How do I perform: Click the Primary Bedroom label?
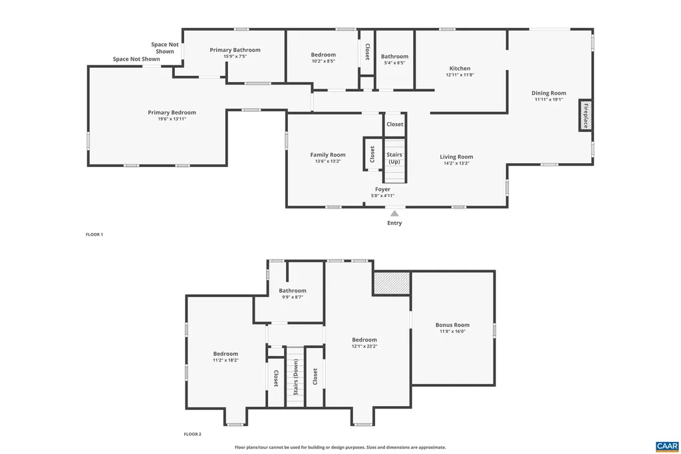(x=172, y=113)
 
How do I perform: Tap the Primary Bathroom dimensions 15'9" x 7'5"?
(x=235, y=57)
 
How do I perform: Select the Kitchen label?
(x=460, y=69)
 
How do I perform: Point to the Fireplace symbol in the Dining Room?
(x=585, y=116)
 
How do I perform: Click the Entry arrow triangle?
(x=394, y=214)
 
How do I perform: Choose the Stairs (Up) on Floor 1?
(x=394, y=162)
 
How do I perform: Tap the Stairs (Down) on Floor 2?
(x=295, y=377)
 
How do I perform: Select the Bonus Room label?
(x=452, y=325)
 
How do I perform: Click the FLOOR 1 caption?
(x=94, y=234)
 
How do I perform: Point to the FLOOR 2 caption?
(x=193, y=434)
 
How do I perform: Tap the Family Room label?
(x=328, y=155)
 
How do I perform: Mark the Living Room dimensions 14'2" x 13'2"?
(x=456, y=163)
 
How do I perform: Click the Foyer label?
(x=382, y=189)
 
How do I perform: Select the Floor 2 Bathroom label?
(x=293, y=290)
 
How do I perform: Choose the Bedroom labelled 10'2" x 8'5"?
(x=323, y=55)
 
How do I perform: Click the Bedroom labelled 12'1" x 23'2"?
(x=364, y=340)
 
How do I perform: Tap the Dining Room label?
(x=549, y=93)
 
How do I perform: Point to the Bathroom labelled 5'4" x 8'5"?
(x=394, y=57)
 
